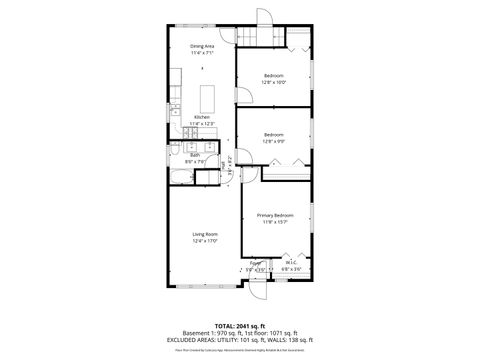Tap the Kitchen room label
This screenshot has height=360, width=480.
(203, 116)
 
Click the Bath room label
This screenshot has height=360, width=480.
(195, 155)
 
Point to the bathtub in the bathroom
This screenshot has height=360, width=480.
(180, 178)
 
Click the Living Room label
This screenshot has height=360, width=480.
(205, 234)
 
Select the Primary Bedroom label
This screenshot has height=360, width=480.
(273, 215)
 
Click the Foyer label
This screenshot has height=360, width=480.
(255, 264)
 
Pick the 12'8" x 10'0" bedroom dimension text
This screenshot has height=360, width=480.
(274, 83)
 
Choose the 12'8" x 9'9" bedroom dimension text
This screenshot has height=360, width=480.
(274, 141)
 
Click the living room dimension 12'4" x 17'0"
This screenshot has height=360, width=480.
(205, 241)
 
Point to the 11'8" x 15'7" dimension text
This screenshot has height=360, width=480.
(273, 222)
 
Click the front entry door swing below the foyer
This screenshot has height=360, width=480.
(257, 292)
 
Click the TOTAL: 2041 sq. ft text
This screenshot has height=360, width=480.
(239, 325)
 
